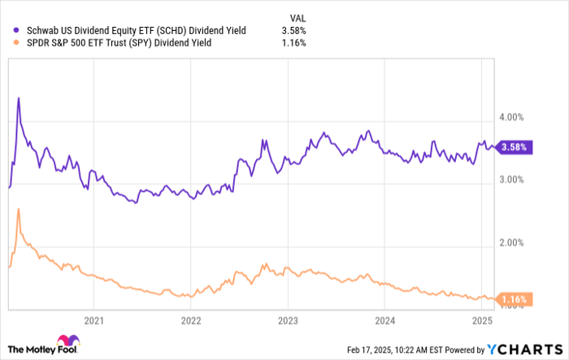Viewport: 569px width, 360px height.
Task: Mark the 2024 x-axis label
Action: tap(384, 320)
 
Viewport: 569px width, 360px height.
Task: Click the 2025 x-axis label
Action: tap(481, 320)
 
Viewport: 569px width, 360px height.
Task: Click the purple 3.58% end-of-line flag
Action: tap(514, 147)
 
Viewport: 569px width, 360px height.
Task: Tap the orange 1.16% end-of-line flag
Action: tap(514, 300)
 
